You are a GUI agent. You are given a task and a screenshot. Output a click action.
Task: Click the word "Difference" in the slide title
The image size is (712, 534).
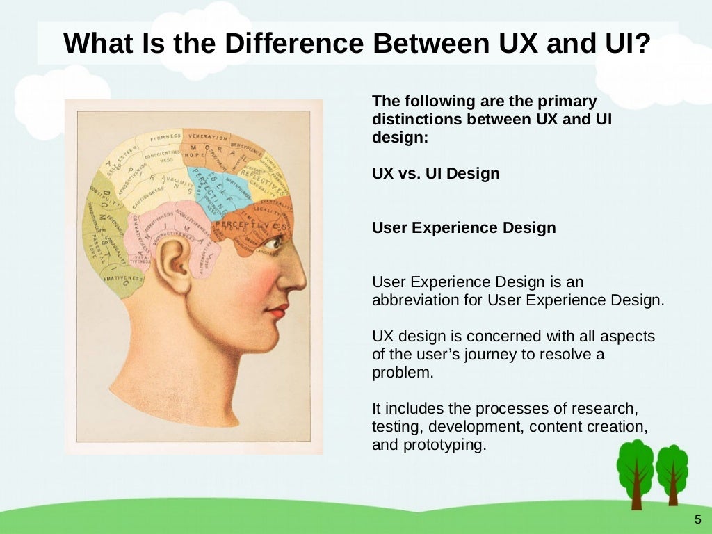(x=292, y=44)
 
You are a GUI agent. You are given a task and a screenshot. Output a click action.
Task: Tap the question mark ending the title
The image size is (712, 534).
(x=642, y=44)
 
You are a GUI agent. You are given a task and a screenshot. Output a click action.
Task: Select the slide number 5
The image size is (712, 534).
(x=697, y=519)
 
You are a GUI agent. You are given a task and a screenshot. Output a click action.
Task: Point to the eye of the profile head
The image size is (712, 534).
(x=273, y=243)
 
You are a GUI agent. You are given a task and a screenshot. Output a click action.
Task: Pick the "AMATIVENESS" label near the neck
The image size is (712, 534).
(x=124, y=277)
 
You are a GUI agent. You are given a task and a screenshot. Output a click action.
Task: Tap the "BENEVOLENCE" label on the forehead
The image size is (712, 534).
(x=247, y=149)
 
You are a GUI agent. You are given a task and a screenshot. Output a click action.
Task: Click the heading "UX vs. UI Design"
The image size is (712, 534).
(x=436, y=174)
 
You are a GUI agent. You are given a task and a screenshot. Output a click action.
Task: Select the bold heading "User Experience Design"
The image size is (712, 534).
(x=464, y=228)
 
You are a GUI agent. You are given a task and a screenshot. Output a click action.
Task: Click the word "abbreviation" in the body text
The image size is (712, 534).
(x=416, y=300)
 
